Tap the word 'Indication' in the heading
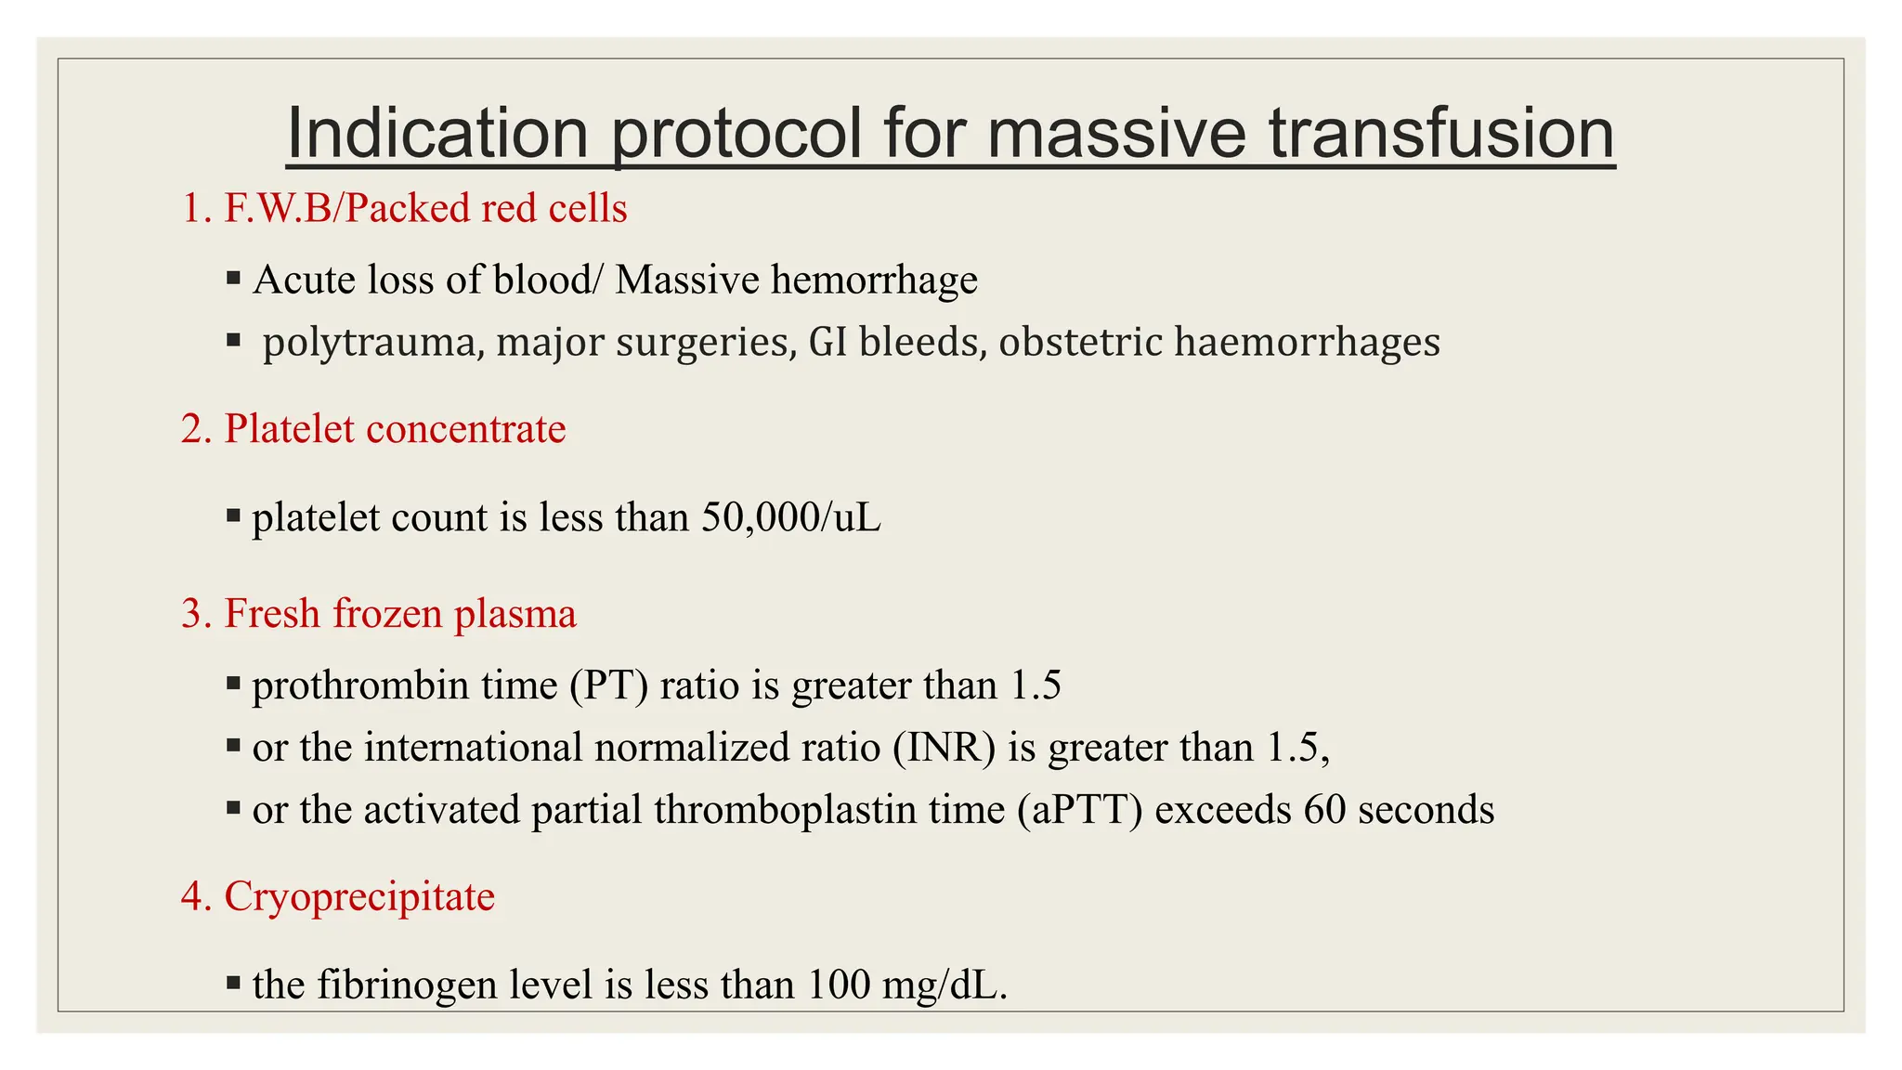[437, 134]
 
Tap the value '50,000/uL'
[790, 517]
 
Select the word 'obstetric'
[1080, 342]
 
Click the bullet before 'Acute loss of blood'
[233, 278]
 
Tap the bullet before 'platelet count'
[233, 515]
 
